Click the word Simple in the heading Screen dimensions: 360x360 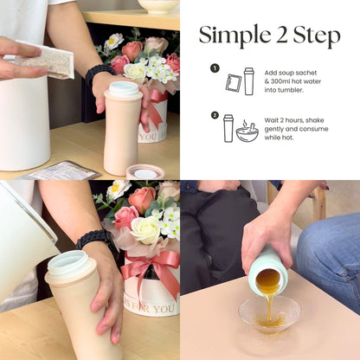pos(234,36)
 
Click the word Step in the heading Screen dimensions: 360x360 pos(317,36)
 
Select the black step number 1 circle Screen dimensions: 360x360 pos(215,68)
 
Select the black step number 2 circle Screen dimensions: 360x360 pos(215,115)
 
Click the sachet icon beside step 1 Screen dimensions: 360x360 pos(234,83)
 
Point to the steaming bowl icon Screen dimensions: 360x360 pos(247,132)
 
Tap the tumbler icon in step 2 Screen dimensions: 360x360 pos(228,128)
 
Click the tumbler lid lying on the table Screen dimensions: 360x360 pos(145,172)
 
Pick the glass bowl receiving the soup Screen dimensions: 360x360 pos(270,315)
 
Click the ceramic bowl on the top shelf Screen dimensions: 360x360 pos(158,6)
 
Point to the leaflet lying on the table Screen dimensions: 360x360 pos(62,170)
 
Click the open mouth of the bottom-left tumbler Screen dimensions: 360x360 pos(69,264)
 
